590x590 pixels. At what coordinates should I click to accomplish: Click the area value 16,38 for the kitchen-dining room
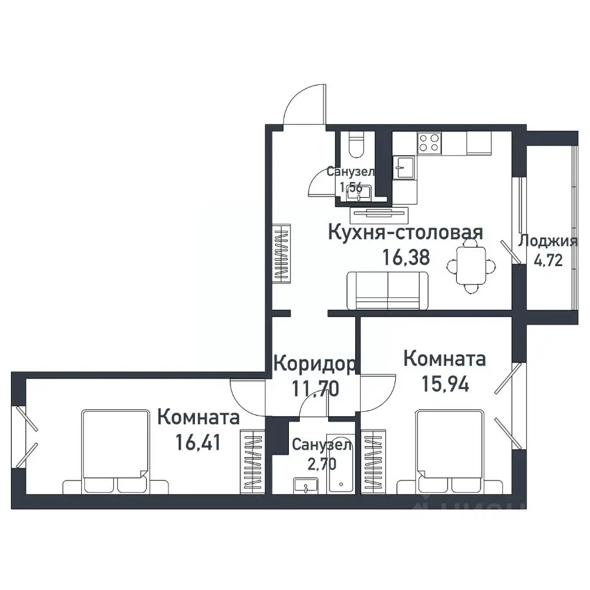click(x=406, y=256)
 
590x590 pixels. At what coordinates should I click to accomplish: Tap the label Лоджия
click(x=548, y=241)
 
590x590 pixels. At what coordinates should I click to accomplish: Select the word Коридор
click(x=314, y=364)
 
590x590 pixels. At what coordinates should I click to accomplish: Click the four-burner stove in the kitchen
click(x=429, y=143)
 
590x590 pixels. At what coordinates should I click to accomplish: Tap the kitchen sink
click(x=404, y=167)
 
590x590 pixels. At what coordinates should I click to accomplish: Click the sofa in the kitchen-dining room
click(x=387, y=291)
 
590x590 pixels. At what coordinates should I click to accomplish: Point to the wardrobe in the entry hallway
click(x=281, y=253)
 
